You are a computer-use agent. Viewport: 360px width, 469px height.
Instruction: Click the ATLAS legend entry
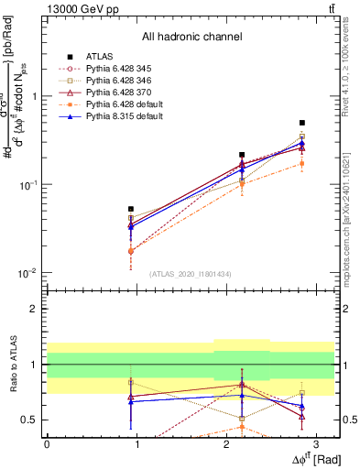coord(98,57)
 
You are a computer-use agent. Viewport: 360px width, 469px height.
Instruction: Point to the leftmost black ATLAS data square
coord(131,209)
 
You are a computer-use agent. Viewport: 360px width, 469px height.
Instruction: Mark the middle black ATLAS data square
coord(242,155)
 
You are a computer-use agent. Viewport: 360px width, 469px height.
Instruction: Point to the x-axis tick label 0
coord(47,442)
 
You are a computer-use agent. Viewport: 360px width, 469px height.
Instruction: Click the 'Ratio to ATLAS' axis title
coord(12,364)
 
